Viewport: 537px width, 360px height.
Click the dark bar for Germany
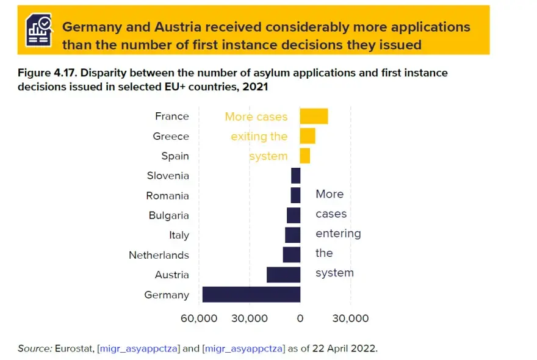[251, 295]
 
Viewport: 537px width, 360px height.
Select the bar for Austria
[283, 275]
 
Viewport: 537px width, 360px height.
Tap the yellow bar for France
[314, 116]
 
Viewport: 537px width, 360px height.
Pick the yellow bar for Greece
[308, 136]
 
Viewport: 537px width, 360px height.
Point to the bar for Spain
[305, 156]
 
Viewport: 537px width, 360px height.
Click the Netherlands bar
[291, 255]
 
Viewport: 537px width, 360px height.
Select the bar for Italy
[292, 235]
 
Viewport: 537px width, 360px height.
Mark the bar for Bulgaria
[294, 215]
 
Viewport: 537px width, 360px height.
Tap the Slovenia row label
[168, 176]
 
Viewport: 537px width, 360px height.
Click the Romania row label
[167, 196]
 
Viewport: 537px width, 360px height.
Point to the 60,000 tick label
[199, 319]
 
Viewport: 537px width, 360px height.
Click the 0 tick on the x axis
[300, 319]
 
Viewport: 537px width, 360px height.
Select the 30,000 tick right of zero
[350, 319]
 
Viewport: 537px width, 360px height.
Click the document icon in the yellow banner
[38, 30]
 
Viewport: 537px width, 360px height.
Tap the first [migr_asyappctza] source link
[138, 348]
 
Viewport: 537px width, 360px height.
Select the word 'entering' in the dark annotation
[338, 234]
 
